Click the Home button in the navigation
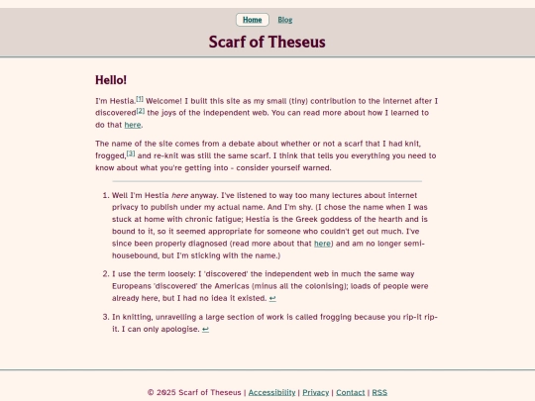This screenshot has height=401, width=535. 253,20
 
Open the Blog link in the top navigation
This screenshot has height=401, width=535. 285,20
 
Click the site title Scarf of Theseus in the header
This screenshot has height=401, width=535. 267,42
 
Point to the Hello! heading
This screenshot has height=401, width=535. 111,80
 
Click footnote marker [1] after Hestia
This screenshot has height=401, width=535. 140,99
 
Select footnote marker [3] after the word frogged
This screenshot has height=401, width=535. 131,153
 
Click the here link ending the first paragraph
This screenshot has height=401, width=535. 132,126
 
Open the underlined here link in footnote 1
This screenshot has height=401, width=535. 322,243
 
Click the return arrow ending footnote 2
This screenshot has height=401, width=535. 272,297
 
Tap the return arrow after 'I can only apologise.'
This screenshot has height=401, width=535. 205,329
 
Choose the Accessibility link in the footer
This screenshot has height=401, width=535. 271,392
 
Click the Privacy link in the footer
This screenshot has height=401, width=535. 315,392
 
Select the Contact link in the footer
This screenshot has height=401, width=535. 350,392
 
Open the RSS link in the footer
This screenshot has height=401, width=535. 379,392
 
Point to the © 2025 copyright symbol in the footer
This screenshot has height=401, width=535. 151,392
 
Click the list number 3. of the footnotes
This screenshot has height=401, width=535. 104,317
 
